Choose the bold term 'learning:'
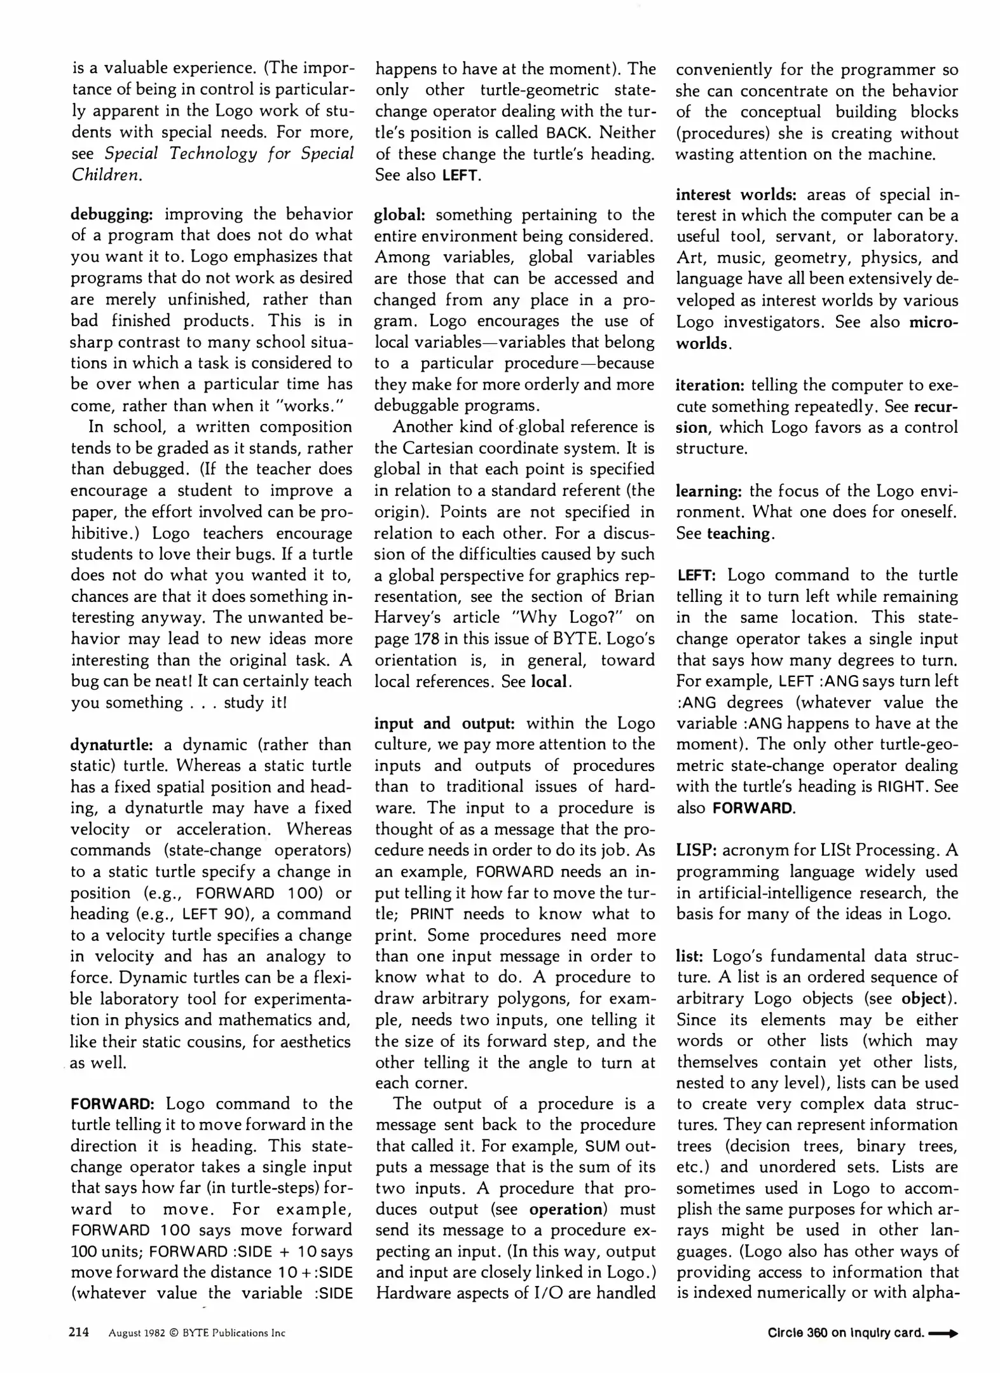(709, 491)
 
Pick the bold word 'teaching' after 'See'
(739, 533)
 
